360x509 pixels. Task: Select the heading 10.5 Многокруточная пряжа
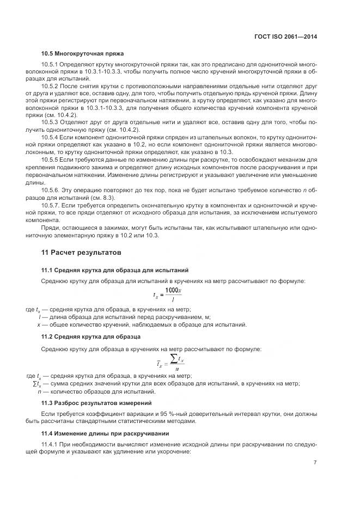click(x=82, y=53)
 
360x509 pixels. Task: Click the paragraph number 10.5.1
click(x=51, y=65)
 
